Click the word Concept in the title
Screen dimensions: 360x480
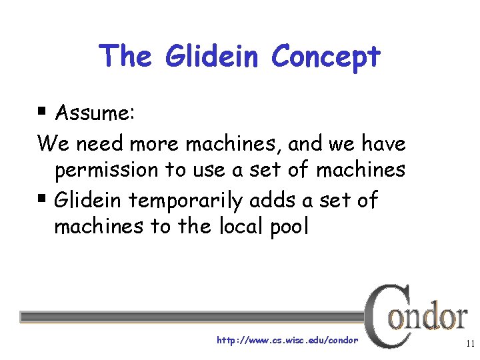[325, 57]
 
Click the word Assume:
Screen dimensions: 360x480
[95, 113]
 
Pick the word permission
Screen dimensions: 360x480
[107, 171]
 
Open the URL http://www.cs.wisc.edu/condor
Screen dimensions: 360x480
[287, 340]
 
